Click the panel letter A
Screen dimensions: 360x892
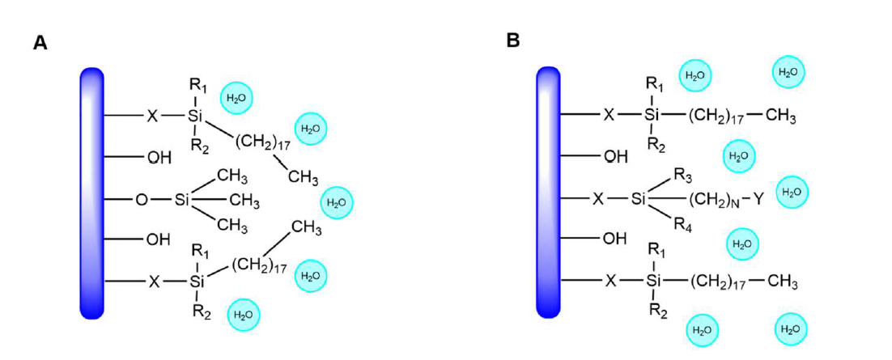point(40,43)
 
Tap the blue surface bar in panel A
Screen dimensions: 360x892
point(92,193)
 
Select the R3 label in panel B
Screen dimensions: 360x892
point(682,174)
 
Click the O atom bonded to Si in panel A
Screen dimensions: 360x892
point(142,199)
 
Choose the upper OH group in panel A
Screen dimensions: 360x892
point(159,157)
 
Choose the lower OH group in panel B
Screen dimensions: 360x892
point(615,239)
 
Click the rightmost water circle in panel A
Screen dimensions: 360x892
point(337,202)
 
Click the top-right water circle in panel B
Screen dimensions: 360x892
point(788,72)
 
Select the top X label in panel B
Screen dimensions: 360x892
point(609,115)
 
